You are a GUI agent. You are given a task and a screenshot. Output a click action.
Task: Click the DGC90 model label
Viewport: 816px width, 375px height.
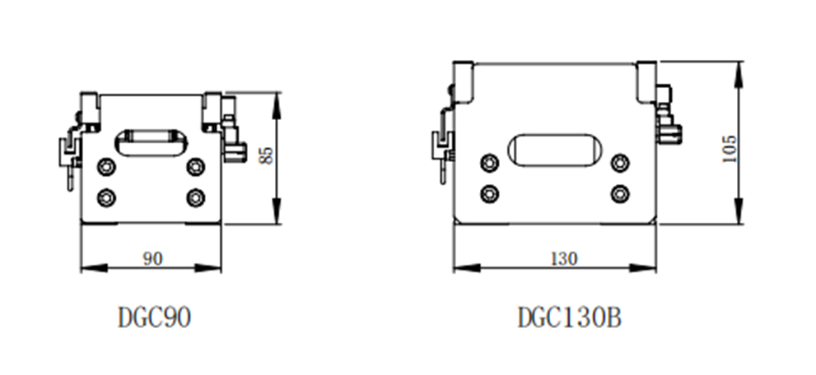pos(155,317)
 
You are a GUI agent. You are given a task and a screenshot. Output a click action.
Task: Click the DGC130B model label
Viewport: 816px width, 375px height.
pos(569,317)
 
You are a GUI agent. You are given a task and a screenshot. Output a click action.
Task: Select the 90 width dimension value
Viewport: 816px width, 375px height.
pos(152,258)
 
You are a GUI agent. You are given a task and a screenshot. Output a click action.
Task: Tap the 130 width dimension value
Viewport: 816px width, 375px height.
pos(564,258)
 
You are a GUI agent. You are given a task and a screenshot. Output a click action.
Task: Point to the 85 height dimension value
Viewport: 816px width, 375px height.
pos(266,155)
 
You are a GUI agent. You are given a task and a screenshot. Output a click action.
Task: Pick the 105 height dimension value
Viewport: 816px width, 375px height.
pos(730,149)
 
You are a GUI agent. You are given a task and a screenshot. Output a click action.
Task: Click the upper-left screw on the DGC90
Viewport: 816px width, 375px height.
pos(107,167)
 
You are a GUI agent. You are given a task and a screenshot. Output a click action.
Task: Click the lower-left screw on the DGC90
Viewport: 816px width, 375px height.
pos(107,197)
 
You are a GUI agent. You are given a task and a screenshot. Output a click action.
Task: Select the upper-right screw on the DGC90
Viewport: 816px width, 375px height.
pos(196,167)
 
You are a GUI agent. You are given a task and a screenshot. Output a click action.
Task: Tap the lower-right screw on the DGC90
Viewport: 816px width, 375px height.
pos(196,197)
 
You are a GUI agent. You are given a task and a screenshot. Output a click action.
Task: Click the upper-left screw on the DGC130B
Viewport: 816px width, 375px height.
pos(490,163)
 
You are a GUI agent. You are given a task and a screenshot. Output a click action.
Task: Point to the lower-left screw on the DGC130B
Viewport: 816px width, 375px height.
pos(490,194)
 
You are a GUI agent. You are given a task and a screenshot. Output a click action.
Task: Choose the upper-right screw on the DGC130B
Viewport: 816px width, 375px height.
pos(620,163)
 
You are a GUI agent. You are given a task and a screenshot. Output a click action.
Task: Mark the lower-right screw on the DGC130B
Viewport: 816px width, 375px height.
pos(620,194)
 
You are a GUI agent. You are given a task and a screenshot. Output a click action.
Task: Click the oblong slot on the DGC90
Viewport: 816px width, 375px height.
pos(152,142)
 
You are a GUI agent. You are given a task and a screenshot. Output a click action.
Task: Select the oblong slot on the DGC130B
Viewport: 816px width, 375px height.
pos(555,150)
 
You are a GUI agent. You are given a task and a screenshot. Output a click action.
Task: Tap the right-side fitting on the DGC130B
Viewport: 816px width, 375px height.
pos(669,114)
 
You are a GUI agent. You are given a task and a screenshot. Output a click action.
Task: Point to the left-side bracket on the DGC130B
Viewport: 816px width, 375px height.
pos(443,135)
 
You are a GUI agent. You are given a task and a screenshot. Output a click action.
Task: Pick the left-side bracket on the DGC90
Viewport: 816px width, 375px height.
pos(71,149)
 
